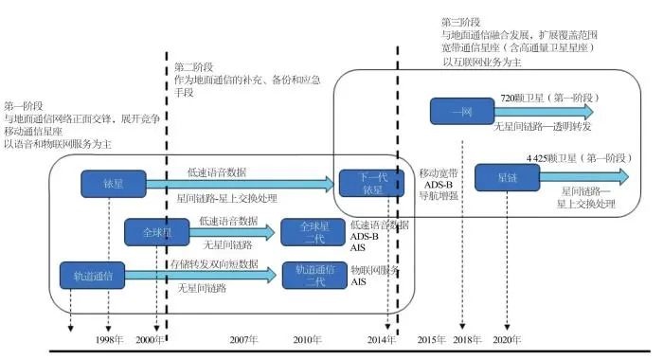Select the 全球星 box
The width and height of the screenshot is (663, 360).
click(151, 231)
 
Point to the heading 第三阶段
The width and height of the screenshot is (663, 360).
click(461, 21)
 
